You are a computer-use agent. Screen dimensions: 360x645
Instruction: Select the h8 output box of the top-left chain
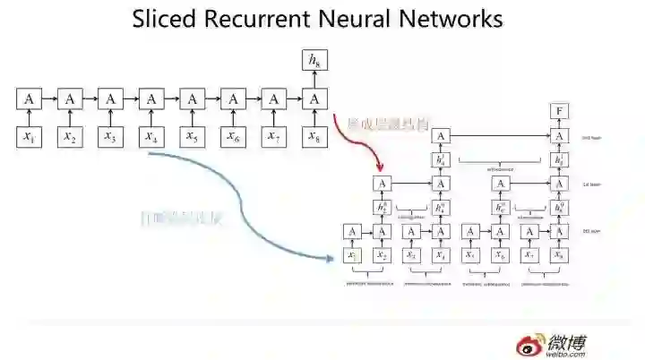tap(313, 61)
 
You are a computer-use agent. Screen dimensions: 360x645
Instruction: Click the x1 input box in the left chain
tap(28, 137)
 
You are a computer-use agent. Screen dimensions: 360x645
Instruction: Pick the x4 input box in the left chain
tap(150, 137)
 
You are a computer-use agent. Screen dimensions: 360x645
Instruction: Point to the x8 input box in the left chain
tap(313, 137)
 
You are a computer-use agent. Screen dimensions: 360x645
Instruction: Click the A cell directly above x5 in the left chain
tap(191, 99)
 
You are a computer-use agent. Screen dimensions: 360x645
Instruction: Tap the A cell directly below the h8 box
tap(313, 99)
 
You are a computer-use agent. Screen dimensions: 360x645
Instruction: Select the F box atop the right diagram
tap(560, 111)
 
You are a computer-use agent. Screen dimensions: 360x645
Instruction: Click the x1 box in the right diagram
tap(353, 256)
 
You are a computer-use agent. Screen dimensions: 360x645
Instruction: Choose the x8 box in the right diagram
tap(560, 256)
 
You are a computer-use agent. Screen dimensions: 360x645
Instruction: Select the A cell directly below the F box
tap(560, 135)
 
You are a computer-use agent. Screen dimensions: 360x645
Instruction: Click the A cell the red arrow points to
tap(383, 184)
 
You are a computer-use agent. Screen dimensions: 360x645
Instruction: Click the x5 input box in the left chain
tap(191, 137)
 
